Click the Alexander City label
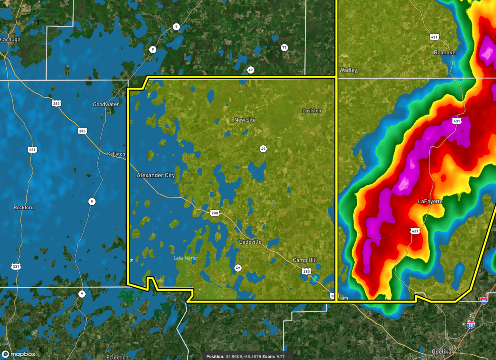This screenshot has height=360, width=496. [156, 175]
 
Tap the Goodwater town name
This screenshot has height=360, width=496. [106, 104]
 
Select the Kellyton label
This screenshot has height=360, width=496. [116, 154]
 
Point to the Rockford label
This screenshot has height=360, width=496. [24, 208]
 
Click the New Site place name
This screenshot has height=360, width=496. [245, 120]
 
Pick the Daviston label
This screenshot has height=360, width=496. [312, 111]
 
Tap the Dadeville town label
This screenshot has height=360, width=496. [250, 242]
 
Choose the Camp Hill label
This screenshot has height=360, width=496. [305, 260]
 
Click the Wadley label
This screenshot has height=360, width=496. [348, 70]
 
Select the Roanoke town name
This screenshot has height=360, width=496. [445, 53]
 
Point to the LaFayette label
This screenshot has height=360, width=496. [430, 202]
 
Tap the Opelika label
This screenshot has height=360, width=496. [442, 352]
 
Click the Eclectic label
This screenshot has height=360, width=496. [116, 357]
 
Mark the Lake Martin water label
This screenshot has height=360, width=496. [185, 258]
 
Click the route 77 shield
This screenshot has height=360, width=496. [284, 48]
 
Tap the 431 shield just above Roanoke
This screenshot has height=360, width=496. [434, 37]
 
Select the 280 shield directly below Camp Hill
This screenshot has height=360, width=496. [306, 272]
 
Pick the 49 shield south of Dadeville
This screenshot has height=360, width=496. [238, 268]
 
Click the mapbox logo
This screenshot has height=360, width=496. [19, 354]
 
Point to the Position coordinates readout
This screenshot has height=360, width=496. [247, 356]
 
